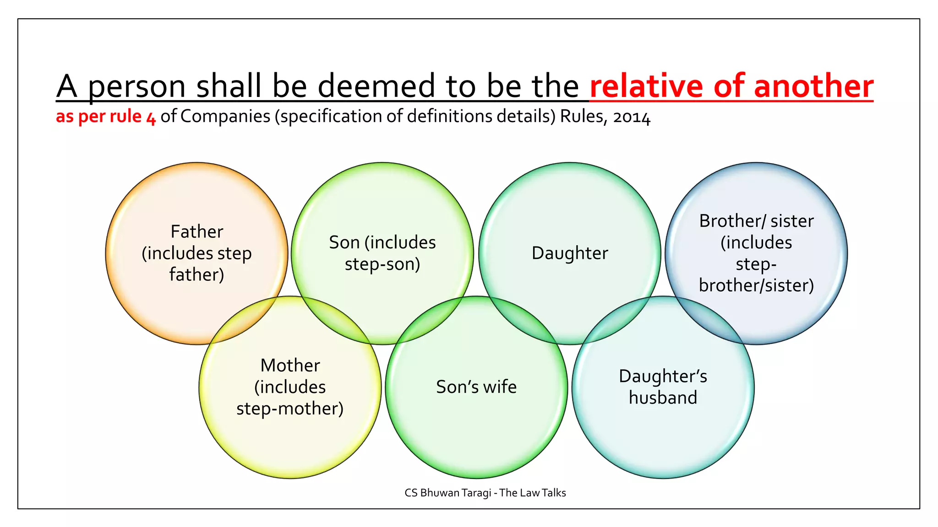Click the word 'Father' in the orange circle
click(196, 231)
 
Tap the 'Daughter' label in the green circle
click(570, 253)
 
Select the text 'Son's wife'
click(476, 387)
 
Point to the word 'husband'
click(663, 398)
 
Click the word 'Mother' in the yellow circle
click(290, 366)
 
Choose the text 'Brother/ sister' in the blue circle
click(756, 221)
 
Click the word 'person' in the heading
click(136, 87)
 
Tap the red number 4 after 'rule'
click(151, 118)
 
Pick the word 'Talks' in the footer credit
click(554, 493)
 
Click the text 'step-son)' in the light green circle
click(382, 264)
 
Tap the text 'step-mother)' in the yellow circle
click(290, 409)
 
